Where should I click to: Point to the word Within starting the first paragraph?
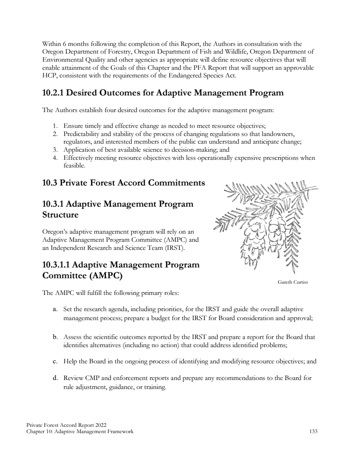coord(51,45)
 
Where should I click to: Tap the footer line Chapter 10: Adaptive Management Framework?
coord(80,432)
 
